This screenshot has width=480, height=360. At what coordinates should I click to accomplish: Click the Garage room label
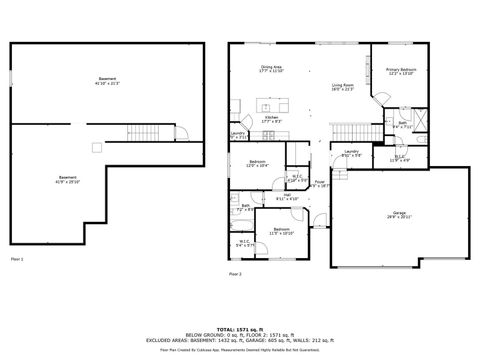399,215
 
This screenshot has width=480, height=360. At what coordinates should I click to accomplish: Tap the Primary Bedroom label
400,71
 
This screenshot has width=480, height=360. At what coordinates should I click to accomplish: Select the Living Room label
344,87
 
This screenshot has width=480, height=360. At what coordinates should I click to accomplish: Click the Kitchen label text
270,119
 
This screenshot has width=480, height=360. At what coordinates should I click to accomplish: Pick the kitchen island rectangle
269,103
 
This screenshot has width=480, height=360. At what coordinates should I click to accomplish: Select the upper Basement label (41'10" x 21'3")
107,80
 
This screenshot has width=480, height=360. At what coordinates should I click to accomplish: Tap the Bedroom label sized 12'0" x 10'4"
257,164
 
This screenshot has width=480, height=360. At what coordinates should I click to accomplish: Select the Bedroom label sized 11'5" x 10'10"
281,232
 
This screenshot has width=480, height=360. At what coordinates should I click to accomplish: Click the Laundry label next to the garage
350,155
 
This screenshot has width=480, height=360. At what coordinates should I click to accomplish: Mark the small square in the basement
95,148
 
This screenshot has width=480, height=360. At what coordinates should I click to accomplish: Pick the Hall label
287,197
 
